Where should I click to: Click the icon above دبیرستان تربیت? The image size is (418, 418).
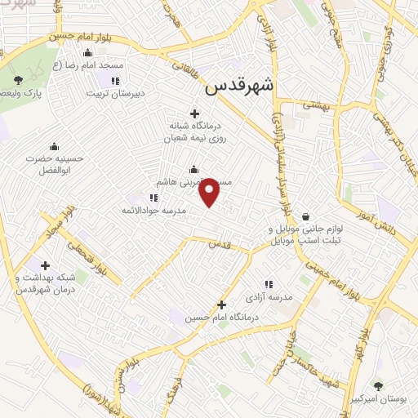(113, 80)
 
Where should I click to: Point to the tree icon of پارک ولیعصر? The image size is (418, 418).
(18, 79)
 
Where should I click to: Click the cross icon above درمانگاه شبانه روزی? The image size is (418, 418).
(193, 113)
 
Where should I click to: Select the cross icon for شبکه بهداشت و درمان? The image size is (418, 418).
(45, 265)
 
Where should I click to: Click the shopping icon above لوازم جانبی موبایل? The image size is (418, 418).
(305, 217)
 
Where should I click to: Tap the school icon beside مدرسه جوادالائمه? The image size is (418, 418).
(153, 198)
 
